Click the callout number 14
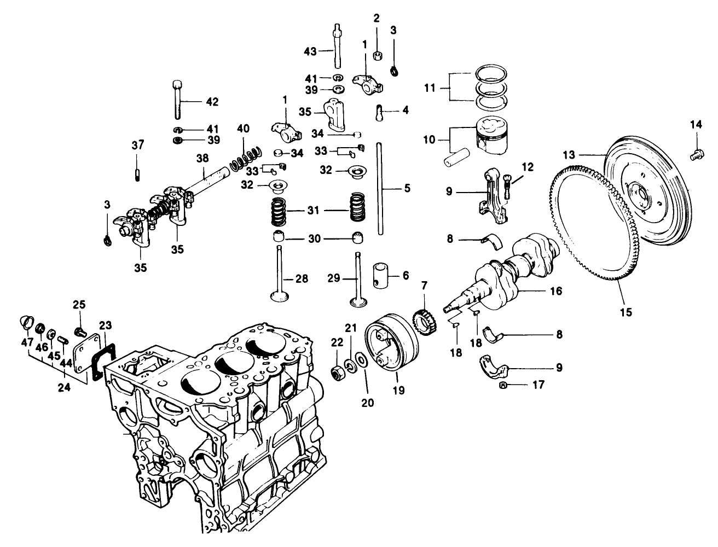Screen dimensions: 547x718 pyautogui.click(x=696, y=125)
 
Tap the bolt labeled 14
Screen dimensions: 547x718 pyautogui.click(x=697, y=155)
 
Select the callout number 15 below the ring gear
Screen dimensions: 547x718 pyautogui.click(x=626, y=312)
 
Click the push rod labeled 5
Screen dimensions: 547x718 pyautogui.click(x=379, y=189)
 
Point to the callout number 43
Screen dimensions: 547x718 pyautogui.click(x=310, y=51)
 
